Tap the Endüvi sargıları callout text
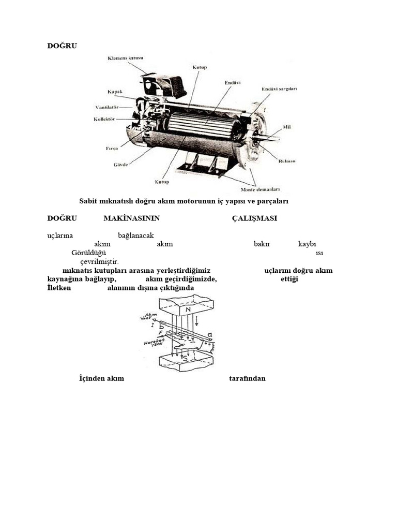[x=279, y=89]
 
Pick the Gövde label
[x=121, y=165]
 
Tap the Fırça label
[x=112, y=148]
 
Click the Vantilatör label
[x=107, y=107]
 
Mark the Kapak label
[x=114, y=92]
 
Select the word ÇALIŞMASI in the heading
[x=254, y=218]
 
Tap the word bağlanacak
[x=136, y=235]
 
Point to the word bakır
[x=262, y=244]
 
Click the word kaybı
[x=307, y=244]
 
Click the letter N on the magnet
[x=188, y=310]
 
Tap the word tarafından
[x=247, y=378]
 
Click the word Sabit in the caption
[x=88, y=201]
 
